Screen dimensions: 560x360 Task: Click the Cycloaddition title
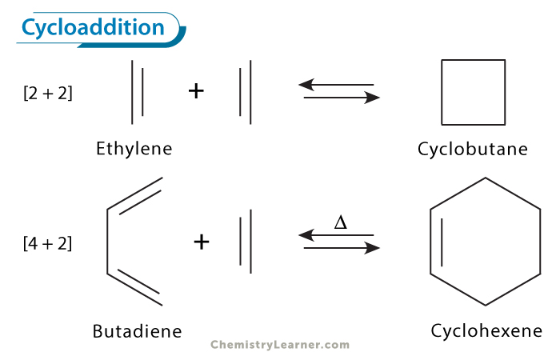pos(93,28)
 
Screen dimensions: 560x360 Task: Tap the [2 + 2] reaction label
pos(47,93)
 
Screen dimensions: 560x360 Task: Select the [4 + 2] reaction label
pos(47,243)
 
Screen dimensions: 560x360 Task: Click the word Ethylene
pos(134,149)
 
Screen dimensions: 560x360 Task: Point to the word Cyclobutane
pos(473,150)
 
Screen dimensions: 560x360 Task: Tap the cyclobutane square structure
pos(474,92)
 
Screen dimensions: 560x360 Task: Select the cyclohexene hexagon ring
pos(486,241)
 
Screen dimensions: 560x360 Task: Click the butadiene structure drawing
pos(132,241)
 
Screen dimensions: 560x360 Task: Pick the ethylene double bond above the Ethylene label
pos(138,92)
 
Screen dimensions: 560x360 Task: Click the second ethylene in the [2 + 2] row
pos(246,94)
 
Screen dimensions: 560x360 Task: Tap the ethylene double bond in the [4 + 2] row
pos(246,238)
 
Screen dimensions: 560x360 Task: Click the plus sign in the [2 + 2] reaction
pos(196,90)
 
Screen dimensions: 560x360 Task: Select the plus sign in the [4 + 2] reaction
pos(202,241)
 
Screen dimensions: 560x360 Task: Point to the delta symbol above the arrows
pos(340,222)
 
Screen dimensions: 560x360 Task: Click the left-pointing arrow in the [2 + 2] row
pos(336,84)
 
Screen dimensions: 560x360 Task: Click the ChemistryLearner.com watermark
pos(280,345)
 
